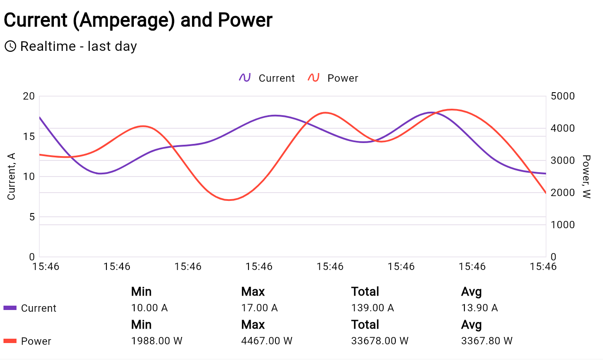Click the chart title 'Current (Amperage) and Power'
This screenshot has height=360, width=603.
click(x=138, y=20)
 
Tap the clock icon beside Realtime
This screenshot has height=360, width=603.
click(x=10, y=46)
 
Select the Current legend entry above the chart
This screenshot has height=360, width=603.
click(x=267, y=78)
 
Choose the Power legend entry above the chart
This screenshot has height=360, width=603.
click(x=333, y=78)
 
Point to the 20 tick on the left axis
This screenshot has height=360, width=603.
click(x=28, y=96)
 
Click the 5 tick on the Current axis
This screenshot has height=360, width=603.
click(x=32, y=217)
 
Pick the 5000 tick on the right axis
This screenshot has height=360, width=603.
click(x=562, y=96)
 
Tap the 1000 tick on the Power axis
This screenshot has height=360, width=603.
click(x=562, y=225)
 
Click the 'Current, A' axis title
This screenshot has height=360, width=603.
click(x=11, y=176)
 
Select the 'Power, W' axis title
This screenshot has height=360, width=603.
click(x=586, y=177)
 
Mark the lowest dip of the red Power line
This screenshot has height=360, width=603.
click(x=229, y=200)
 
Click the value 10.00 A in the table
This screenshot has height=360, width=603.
click(x=149, y=308)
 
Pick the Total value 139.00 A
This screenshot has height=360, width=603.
click(x=372, y=308)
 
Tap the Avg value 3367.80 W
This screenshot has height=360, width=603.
click(x=487, y=341)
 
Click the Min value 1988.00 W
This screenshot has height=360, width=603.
click(x=156, y=341)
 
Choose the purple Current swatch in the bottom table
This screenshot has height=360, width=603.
click(x=10, y=308)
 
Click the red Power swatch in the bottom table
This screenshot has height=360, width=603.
click(x=10, y=341)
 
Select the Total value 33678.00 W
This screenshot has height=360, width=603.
click(x=380, y=341)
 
